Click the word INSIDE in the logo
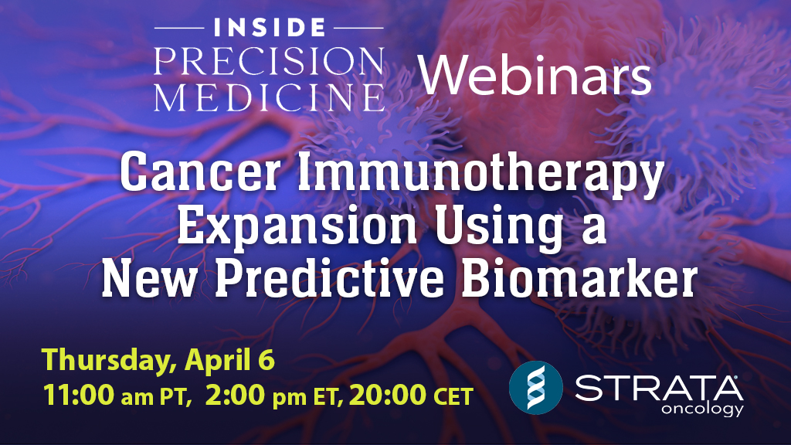[x=269, y=29]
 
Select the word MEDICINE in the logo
[x=269, y=98]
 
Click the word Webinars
[x=535, y=78]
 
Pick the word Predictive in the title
[x=368, y=280]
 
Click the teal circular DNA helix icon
[x=534, y=385]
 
